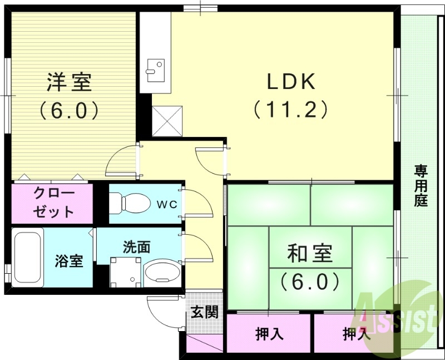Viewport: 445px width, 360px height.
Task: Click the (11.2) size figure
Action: click(x=290, y=109)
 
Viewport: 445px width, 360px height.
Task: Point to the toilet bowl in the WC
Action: click(x=127, y=202)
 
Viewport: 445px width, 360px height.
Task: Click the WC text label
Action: click(x=166, y=204)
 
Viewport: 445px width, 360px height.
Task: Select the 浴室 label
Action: click(x=69, y=260)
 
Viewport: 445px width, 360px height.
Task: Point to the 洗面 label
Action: click(x=137, y=247)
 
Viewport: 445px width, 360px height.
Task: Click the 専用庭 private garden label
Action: click(x=421, y=186)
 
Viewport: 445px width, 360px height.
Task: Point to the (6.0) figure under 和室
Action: click(x=310, y=282)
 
